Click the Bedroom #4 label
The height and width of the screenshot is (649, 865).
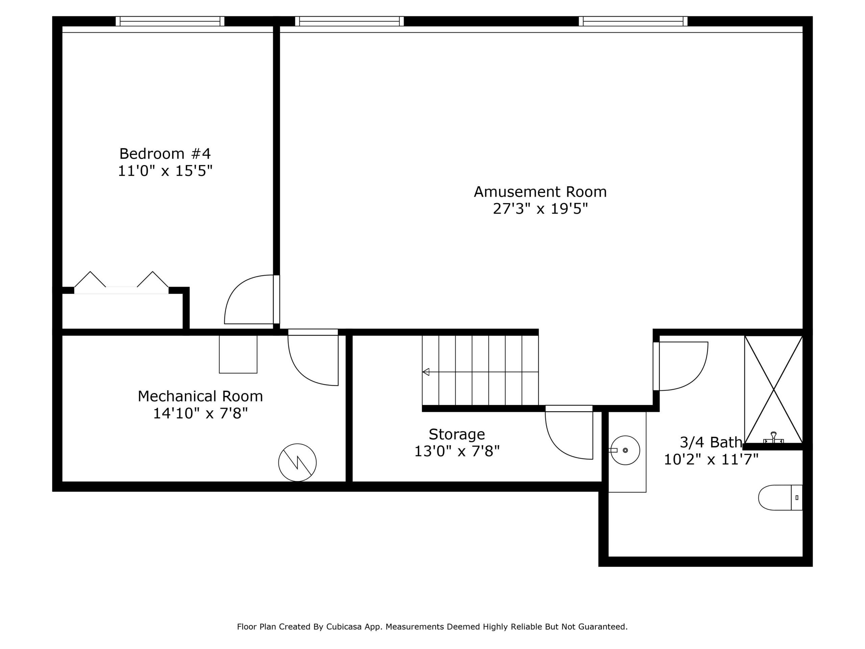pyautogui.click(x=165, y=154)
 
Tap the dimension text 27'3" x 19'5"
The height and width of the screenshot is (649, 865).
pyautogui.click(x=540, y=209)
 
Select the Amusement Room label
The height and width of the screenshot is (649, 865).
pyautogui.click(x=540, y=192)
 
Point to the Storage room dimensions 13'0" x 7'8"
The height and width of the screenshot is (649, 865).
pyautogui.click(x=457, y=452)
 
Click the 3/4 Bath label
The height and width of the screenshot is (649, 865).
pyautogui.click(x=711, y=442)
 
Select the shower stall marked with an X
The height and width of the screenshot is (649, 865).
pyautogui.click(x=773, y=389)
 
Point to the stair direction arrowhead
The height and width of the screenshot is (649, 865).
pyautogui.click(x=426, y=372)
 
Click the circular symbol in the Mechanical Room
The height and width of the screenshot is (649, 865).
pyautogui.click(x=297, y=462)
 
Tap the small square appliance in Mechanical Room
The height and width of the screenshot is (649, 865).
pyautogui.click(x=238, y=354)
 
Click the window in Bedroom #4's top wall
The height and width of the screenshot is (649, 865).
pyautogui.click(x=170, y=21)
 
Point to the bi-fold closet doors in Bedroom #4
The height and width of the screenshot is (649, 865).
pyautogui.click(x=121, y=283)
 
